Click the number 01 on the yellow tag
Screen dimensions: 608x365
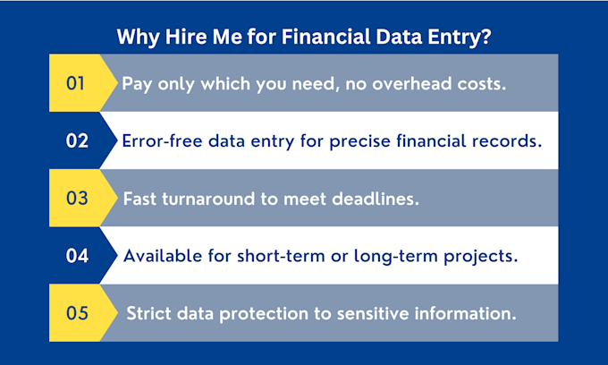[75, 83]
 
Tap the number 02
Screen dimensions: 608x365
[77, 140]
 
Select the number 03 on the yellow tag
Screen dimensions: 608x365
[77, 199]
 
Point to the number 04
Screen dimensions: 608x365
[77, 256]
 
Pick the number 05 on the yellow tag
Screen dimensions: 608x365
[77, 313]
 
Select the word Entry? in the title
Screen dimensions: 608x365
[459, 38]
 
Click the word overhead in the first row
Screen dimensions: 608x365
[412, 83]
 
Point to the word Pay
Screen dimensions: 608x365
[137, 84]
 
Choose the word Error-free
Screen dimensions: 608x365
[162, 140]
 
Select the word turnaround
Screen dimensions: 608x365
[208, 199]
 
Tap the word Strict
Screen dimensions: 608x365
[148, 313]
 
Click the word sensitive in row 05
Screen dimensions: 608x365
[373, 313]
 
